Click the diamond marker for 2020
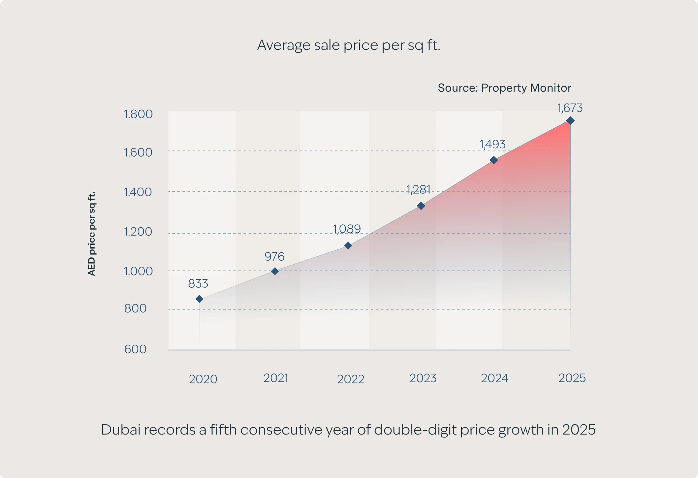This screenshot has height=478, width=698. click(199, 299)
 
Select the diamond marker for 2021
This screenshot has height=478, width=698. click(275, 271)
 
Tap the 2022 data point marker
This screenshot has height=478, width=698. click(348, 245)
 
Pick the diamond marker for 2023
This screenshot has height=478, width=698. click(421, 206)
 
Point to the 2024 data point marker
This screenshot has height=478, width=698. click(493, 160)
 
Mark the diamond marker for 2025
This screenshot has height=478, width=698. click(570, 121)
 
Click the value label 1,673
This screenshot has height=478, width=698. click(570, 108)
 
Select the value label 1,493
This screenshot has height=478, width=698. click(492, 144)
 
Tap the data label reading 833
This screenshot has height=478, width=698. click(198, 283)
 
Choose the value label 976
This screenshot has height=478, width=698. click(274, 257)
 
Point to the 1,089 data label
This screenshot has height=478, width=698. click(347, 229)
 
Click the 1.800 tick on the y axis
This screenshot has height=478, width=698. click(138, 114)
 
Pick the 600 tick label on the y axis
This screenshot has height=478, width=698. click(135, 349)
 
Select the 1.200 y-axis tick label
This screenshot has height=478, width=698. click(138, 232)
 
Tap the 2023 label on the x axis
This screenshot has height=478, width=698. click(423, 378)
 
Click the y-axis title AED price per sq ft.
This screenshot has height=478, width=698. click(91, 233)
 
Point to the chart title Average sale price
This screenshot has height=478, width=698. click(349, 45)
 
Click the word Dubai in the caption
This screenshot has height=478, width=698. click(121, 430)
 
